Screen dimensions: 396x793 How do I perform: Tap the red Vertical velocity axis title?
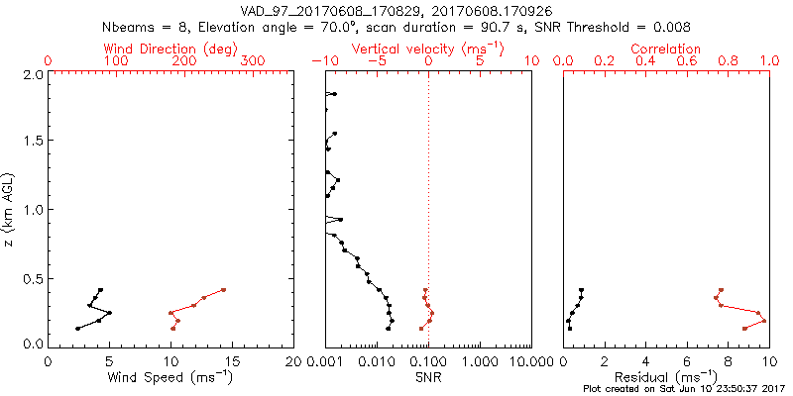point(427,49)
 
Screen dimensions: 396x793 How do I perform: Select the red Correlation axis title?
point(665,49)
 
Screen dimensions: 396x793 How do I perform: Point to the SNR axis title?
point(428,376)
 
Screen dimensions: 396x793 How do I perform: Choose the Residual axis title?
point(664,376)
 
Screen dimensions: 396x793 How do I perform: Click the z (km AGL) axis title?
point(9,209)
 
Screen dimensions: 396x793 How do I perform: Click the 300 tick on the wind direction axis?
point(254,61)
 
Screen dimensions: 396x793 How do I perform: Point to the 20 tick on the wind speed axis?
point(293,360)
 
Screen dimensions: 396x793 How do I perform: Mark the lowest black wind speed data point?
point(77,329)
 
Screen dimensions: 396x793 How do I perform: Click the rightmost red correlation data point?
point(763,321)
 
